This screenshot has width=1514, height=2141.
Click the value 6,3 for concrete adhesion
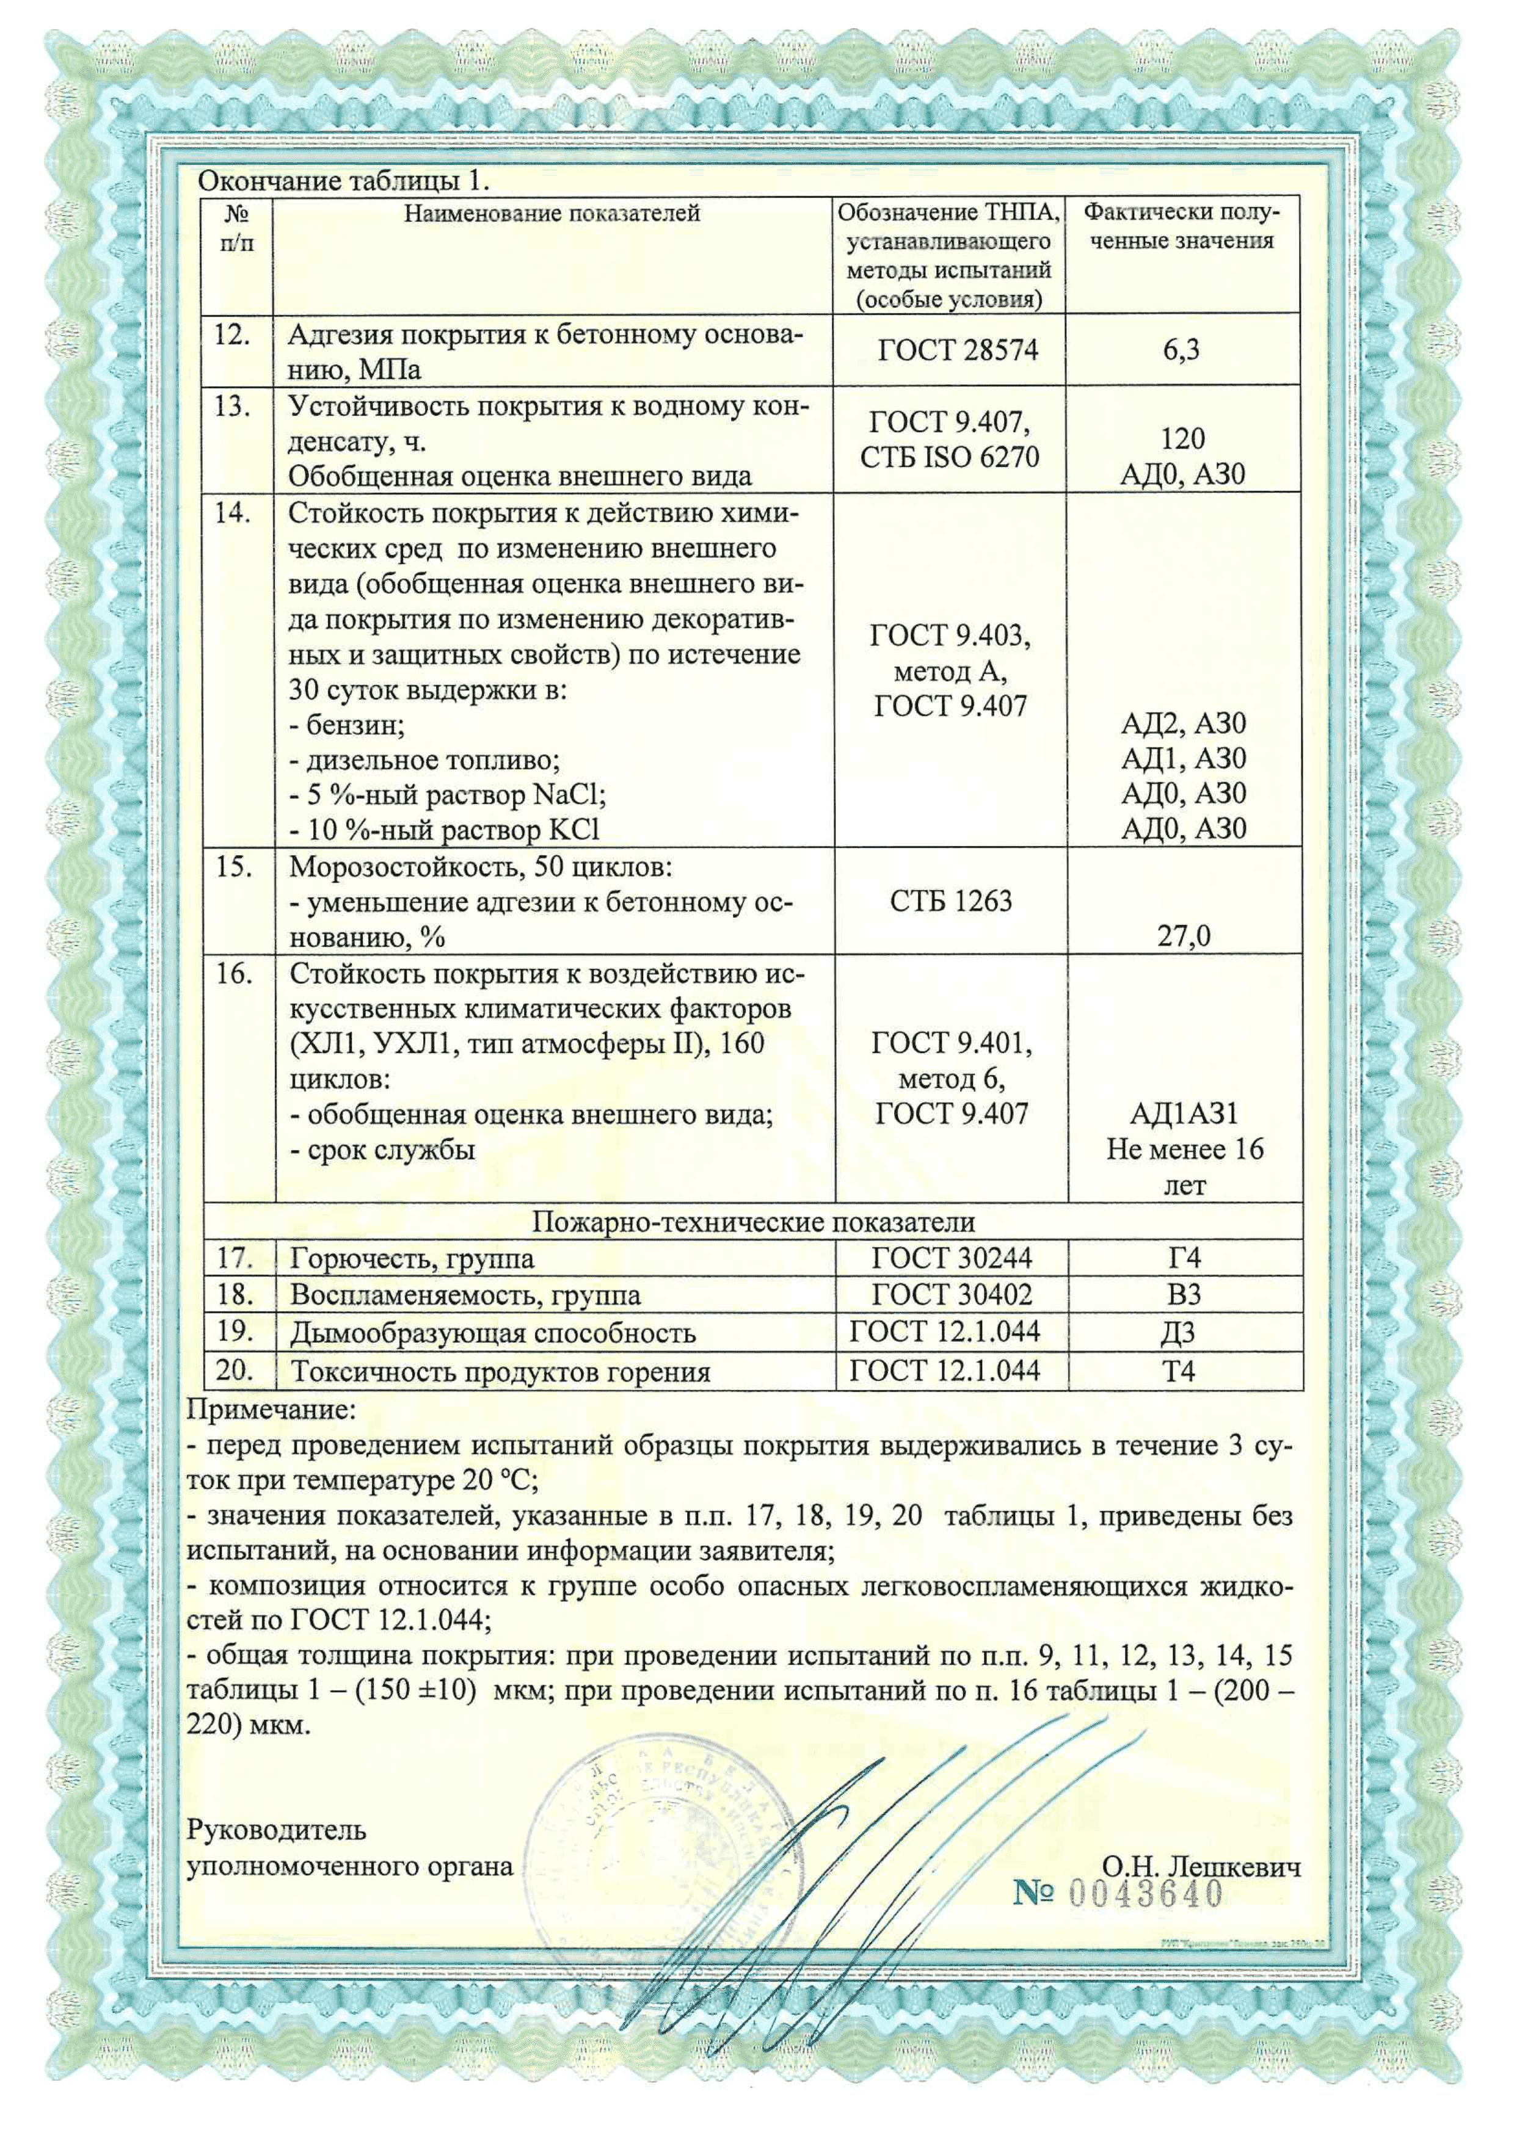pos(1181,350)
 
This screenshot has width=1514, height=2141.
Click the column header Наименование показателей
pos(551,214)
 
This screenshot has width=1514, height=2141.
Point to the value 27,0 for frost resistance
pos(1184,935)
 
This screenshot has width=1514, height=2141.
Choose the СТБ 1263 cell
pos(950,901)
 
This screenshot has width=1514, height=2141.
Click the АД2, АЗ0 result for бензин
pos(1183,723)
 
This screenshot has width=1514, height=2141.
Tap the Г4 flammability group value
pos(1184,1259)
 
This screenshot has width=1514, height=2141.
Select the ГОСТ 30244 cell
pos(952,1259)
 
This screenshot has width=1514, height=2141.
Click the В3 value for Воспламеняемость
pos(1184,1295)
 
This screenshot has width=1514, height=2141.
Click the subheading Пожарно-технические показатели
pos(753,1222)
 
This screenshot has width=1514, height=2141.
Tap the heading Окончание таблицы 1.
pos(343,181)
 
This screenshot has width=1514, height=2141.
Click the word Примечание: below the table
pos(271,1409)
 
